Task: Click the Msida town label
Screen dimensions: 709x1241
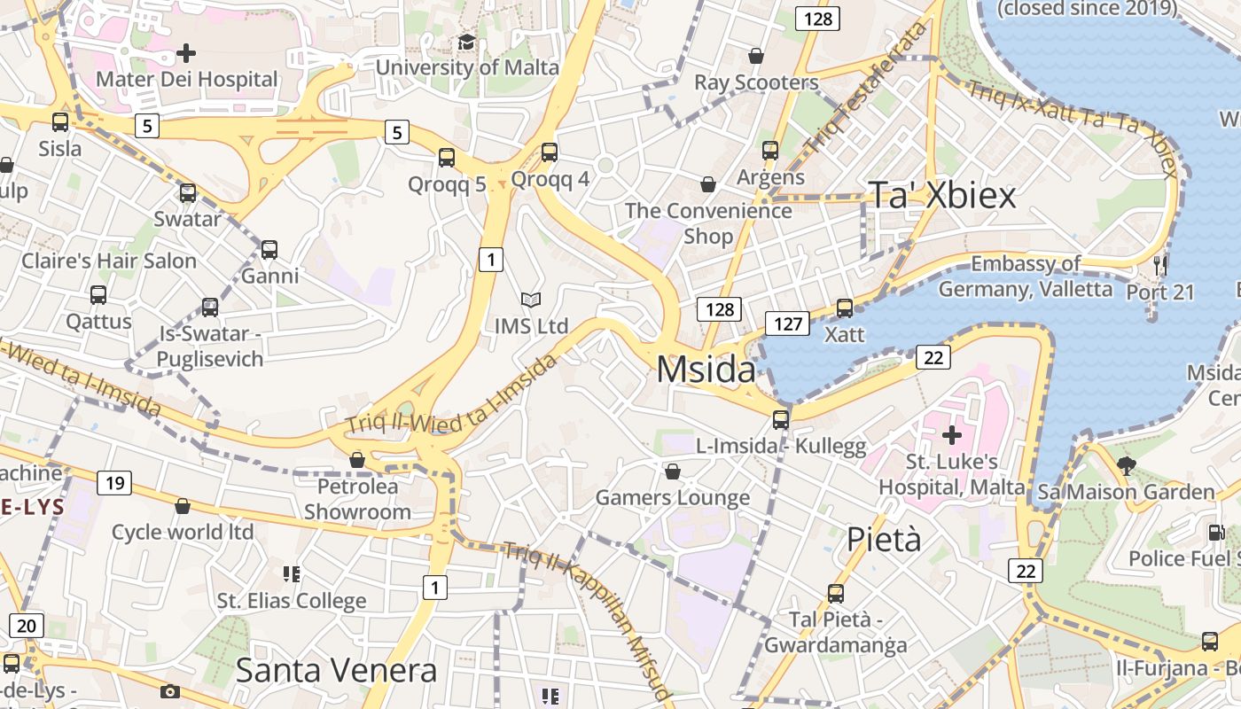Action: (706, 370)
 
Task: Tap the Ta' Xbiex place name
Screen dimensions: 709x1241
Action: (941, 196)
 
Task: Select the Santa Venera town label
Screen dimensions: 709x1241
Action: (336, 671)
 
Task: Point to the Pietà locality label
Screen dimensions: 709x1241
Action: (884, 539)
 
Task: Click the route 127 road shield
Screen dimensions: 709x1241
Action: (787, 323)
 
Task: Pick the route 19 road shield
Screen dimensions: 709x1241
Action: (113, 483)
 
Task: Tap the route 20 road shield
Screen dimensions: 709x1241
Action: (26, 626)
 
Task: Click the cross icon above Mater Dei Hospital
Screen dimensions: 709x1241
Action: (186, 53)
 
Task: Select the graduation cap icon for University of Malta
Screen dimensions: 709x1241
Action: (466, 43)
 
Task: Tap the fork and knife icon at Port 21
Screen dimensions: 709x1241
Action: (1160, 264)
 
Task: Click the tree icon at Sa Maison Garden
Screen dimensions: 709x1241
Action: (1126, 465)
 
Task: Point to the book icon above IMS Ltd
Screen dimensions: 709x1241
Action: (530, 300)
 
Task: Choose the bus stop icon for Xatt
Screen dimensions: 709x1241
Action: (845, 308)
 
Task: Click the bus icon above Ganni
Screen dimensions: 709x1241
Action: (269, 250)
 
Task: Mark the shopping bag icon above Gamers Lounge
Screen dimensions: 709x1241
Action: (673, 471)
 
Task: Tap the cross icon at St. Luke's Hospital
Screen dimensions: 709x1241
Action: (952, 435)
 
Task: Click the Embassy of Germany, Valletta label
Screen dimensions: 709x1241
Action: (1025, 277)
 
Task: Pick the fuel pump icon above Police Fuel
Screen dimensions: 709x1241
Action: (1215, 533)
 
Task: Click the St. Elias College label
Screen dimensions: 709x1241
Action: (292, 601)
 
